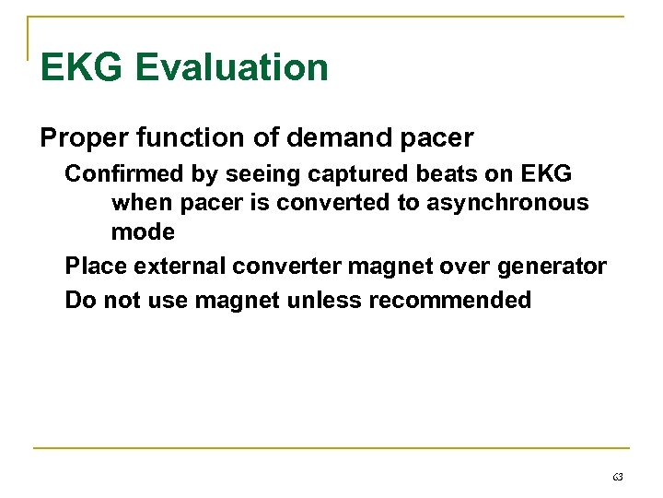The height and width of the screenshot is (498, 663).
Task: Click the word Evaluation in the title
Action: coord(231,68)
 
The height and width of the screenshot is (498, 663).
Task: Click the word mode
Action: coord(143,232)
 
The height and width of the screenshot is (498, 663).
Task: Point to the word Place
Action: coord(96,267)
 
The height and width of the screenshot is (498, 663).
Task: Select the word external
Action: coord(180,267)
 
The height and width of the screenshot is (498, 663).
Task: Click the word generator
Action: coord(551,267)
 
